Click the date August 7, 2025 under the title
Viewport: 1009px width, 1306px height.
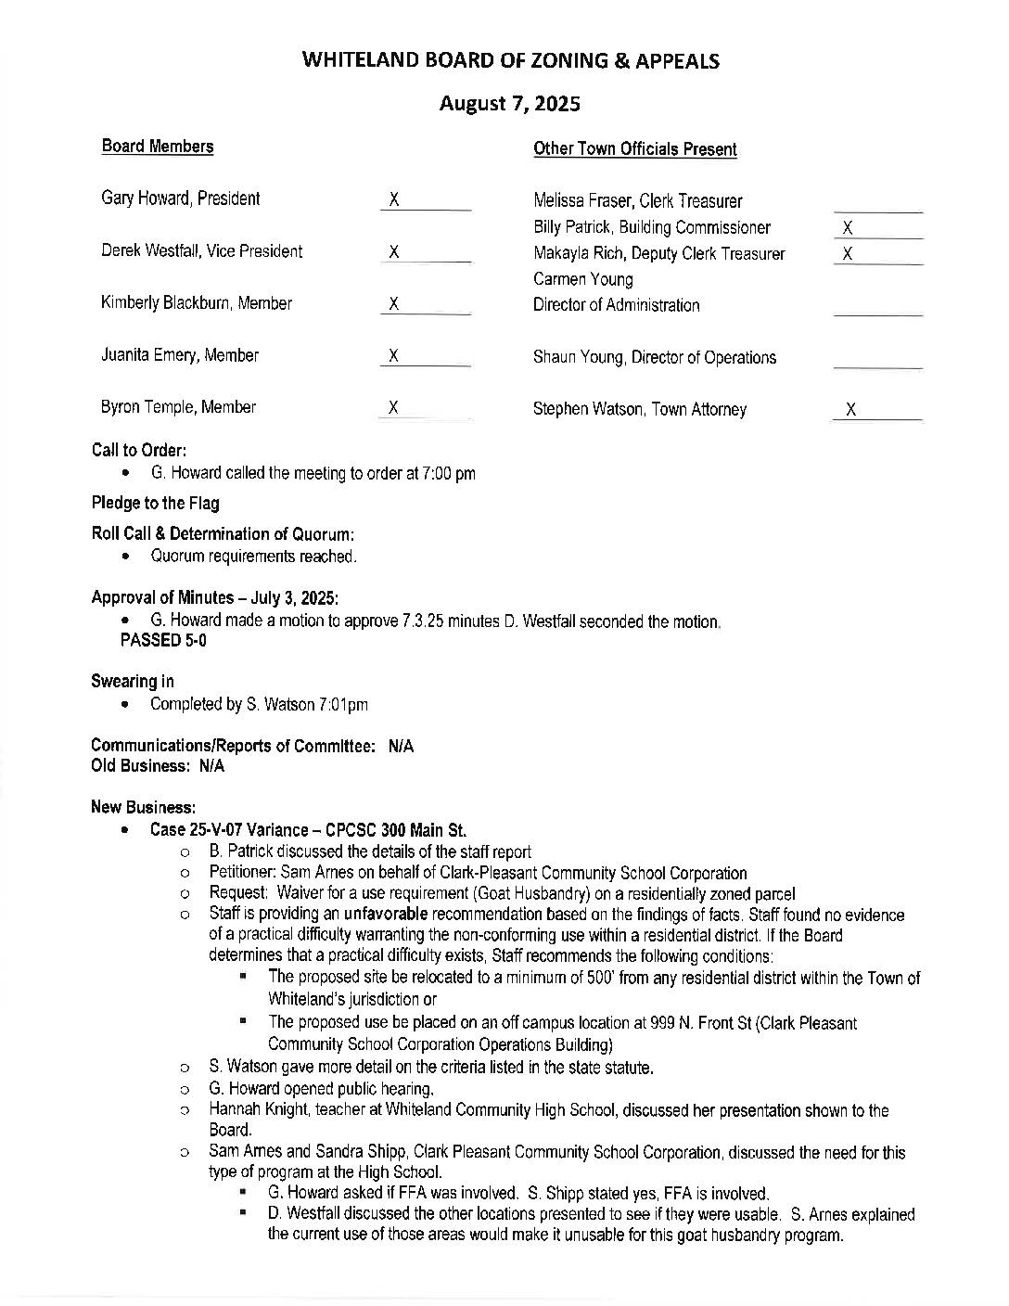pos(509,104)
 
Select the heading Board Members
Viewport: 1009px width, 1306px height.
pos(157,147)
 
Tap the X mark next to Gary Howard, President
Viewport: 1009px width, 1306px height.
pos(394,198)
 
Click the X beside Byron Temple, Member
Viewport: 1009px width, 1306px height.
pos(394,406)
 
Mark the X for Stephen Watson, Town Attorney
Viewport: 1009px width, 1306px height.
pos(851,409)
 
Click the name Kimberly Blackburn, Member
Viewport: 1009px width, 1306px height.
pos(196,303)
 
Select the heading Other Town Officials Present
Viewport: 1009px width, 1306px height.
pos(634,149)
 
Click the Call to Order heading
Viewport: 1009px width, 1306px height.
pos(139,451)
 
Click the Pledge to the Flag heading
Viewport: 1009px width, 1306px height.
pos(155,504)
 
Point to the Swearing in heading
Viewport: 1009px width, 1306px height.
pos(132,682)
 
